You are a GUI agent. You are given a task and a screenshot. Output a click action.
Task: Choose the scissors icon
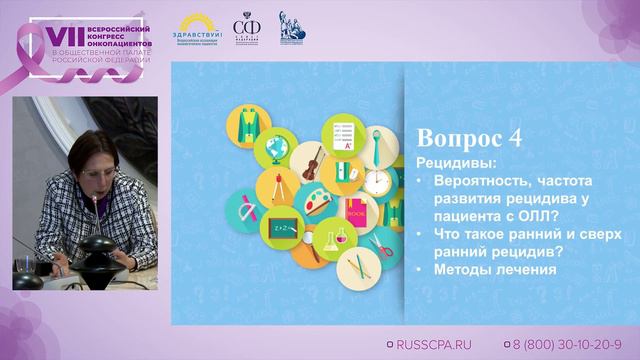377,243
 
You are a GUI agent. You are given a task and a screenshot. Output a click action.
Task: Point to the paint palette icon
312,201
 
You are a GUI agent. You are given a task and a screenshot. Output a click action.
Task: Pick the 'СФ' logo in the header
244,27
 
